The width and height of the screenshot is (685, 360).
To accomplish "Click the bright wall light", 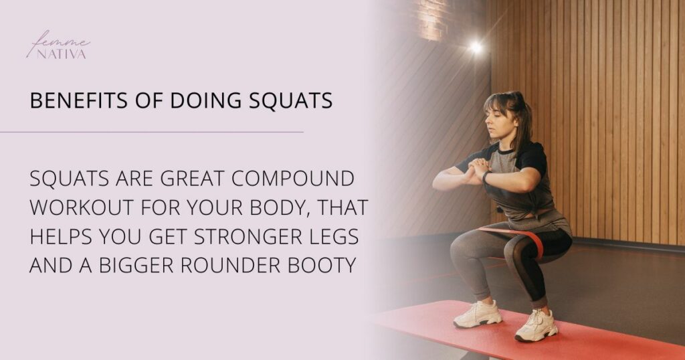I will click(x=476, y=47).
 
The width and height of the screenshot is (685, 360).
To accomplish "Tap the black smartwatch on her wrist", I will click(x=486, y=177).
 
